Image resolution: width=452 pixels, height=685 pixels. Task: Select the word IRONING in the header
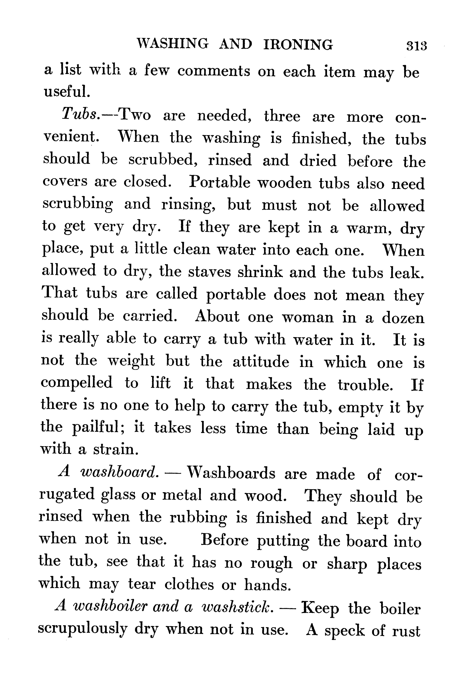click(298, 45)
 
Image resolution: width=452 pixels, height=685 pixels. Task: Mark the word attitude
click(261, 362)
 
